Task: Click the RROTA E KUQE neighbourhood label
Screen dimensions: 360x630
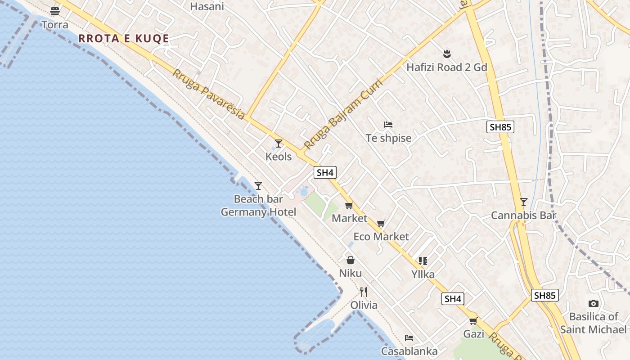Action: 124,39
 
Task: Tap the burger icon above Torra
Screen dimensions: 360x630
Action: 55,11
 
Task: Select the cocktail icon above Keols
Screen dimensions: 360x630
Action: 279,144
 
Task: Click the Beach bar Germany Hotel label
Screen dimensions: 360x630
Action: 258,205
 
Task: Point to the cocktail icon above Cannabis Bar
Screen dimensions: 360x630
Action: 523,202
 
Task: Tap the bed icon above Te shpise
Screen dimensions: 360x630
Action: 388,124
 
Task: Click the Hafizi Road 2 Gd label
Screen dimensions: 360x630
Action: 447,67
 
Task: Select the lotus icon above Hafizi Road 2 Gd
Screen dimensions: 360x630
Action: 446,54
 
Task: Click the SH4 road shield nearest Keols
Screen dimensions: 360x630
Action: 325,172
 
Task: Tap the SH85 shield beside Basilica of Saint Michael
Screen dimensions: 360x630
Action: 544,296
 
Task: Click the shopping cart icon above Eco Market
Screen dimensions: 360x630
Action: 381,224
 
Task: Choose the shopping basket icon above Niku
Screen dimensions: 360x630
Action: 350,260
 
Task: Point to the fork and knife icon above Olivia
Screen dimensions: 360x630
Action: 364,292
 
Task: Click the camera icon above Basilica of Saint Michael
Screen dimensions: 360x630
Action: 593,303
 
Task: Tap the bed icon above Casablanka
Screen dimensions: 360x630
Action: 409,338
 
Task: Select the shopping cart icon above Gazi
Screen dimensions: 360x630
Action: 473,321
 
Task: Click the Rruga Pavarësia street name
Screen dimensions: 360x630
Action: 208,94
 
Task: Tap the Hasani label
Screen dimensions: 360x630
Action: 207,6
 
